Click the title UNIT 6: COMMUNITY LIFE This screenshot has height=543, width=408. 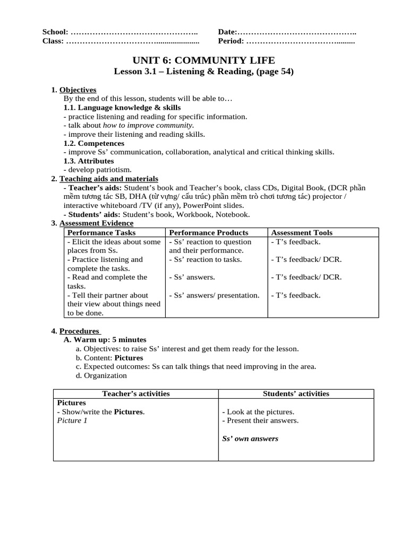[203, 60]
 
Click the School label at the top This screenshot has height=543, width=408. [55, 32]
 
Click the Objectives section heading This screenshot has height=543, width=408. [78, 90]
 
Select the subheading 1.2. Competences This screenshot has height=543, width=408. [93, 143]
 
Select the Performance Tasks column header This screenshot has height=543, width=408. [101, 232]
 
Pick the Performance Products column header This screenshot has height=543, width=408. [209, 232]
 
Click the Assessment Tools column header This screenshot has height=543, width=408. [302, 232]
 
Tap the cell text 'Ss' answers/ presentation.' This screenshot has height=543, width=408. [214, 295]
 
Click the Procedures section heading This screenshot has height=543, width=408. [79, 331]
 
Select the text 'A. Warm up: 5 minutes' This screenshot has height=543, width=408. [105, 339]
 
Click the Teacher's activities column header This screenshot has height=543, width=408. [135, 393]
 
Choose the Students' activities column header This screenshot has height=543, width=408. [296, 393]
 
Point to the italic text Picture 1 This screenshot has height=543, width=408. [72, 421]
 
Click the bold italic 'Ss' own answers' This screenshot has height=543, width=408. [250, 439]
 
